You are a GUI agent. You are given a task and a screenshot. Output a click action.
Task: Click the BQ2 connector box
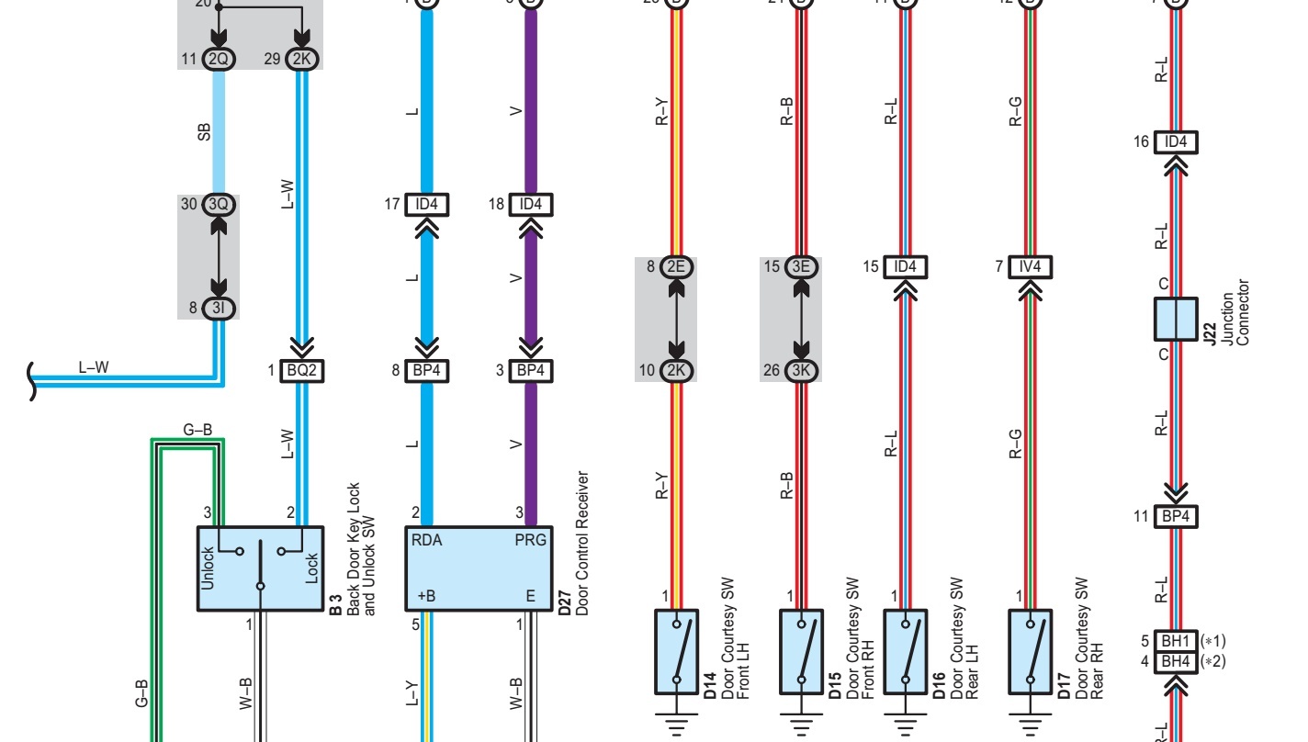coord(302,370)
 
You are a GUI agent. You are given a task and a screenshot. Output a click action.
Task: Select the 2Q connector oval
coord(219,60)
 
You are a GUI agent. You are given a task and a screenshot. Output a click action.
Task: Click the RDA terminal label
coord(427,541)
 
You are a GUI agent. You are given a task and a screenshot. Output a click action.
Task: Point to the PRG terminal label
coord(531,541)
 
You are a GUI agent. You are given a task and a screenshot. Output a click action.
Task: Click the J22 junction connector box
coord(1176,318)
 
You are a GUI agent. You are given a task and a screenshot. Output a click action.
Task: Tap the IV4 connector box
coord(1030,267)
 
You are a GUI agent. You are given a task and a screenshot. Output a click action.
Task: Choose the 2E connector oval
coord(677,267)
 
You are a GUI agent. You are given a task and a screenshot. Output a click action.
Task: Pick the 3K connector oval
coord(801,371)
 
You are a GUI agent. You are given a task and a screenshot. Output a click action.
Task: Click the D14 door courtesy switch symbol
coord(676,651)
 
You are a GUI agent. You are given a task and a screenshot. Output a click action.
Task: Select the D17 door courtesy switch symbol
coord(1030,651)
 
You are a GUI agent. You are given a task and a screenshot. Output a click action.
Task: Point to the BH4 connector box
coord(1176,660)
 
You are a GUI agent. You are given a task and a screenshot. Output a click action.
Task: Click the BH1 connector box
coord(1176,641)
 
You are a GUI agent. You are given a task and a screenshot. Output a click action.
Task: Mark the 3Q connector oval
coord(219,205)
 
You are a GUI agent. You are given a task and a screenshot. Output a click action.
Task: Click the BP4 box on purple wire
coord(530,370)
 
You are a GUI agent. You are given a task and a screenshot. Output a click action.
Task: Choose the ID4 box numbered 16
coord(1176,142)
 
